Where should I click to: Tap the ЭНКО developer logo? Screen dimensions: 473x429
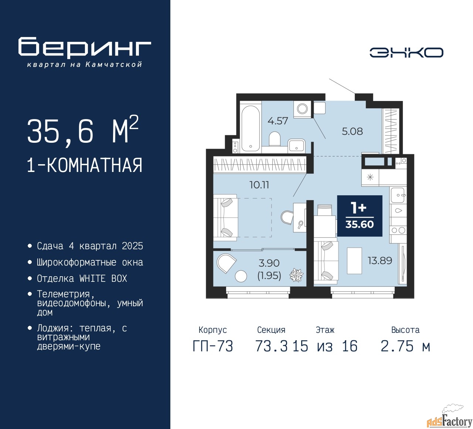[406, 53]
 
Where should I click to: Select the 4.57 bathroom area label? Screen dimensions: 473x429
[278, 121]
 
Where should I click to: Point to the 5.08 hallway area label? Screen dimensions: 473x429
[352, 131]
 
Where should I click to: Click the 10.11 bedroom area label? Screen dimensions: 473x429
[259, 185]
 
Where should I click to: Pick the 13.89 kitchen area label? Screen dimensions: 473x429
[380, 260]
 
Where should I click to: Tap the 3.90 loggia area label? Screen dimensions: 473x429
[269, 263]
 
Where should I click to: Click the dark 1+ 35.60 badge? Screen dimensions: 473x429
[360, 216]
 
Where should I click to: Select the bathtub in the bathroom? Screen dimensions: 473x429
[251, 128]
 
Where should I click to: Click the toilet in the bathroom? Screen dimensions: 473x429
[274, 139]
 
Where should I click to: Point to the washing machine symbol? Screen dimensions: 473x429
[302, 109]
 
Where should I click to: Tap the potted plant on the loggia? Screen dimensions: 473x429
[296, 275]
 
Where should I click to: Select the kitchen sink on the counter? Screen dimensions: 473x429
[398, 195]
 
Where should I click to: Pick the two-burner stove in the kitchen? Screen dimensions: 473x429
[398, 230]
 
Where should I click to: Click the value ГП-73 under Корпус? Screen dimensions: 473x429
[213, 346]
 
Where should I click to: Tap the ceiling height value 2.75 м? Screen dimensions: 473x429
[405, 346]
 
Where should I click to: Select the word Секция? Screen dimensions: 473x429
[271, 330]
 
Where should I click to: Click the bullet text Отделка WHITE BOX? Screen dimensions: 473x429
[82, 278]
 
